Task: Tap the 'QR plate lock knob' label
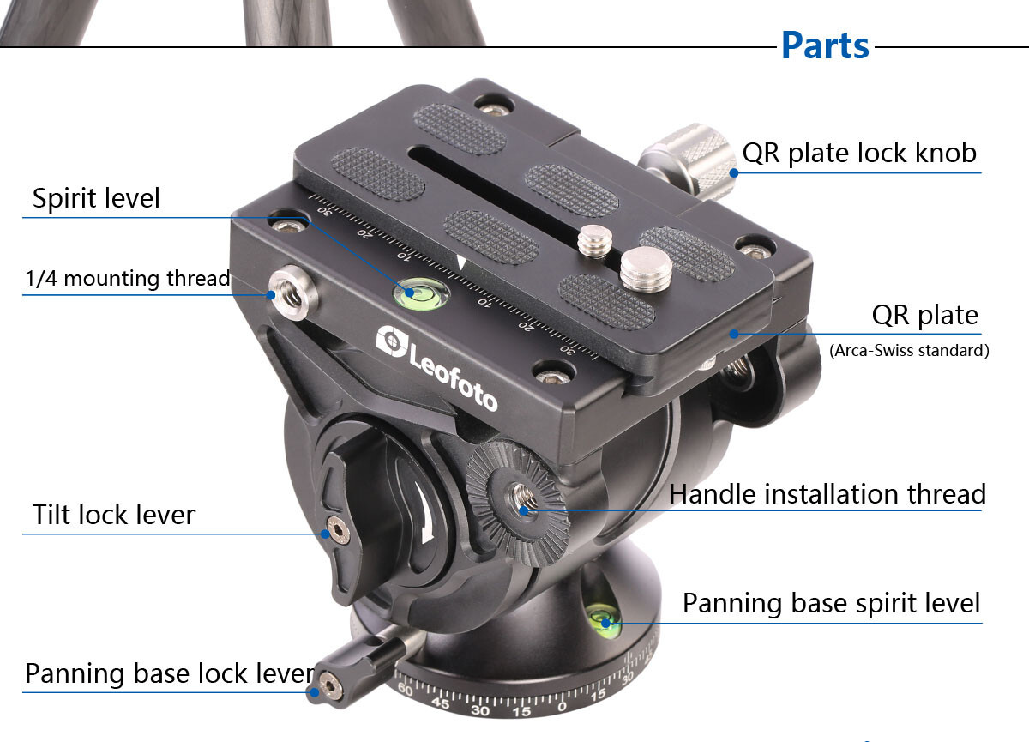pyautogui.click(x=859, y=153)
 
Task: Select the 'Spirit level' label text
pyautogui.click(x=96, y=198)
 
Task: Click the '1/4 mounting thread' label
pyautogui.click(x=127, y=278)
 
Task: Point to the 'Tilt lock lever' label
pyautogui.click(x=113, y=514)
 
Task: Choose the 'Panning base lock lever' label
pyautogui.click(x=170, y=673)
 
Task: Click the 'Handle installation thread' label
pyautogui.click(x=827, y=494)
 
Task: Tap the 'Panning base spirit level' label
pyautogui.click(x=832, y=603)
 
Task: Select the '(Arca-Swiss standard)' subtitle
pyautogui.click(x=909, y=351)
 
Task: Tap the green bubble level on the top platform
pyautogui.click(x=421, y=293)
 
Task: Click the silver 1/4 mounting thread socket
pyautogui.click(x=292, y=293)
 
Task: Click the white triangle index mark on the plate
pyautogui.click(x=461, y=263)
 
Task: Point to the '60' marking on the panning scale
pyautogui.click(x=405, y=689)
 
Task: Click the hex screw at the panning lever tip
pyautogui.click(x=330, y=685)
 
